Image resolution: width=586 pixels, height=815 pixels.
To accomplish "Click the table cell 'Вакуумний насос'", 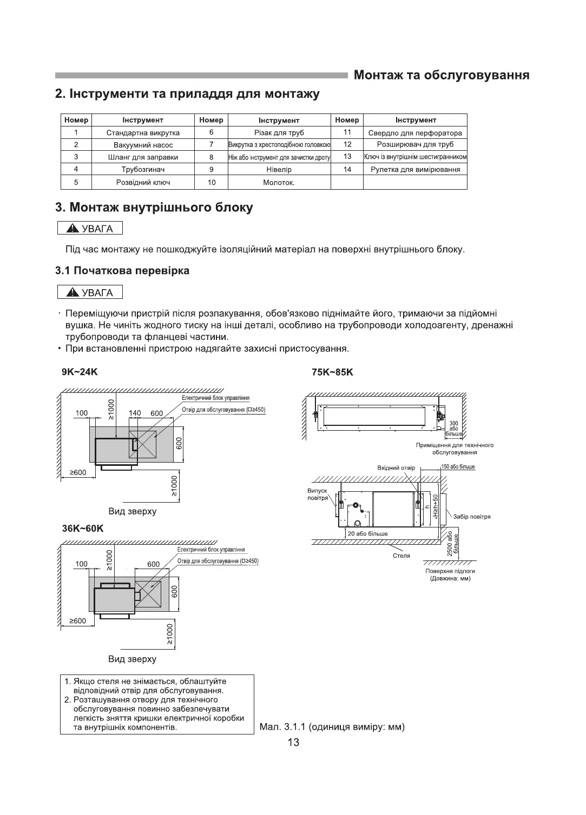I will pyautogui.click(x=143, y=145).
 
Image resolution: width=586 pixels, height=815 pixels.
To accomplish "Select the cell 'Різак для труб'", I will pyautogui.click(x=279, y=132).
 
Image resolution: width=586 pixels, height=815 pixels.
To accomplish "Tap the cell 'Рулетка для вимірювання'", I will pyautogui.click(x=415, y=170).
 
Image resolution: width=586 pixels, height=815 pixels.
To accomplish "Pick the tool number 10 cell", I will pyautogui.click(x=212, y=183).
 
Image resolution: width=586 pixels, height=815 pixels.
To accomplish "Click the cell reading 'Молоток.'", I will pyautogui.click(x=279, y=183).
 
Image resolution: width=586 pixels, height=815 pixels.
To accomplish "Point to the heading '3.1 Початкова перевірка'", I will pyautogui.click(x=122, y=271).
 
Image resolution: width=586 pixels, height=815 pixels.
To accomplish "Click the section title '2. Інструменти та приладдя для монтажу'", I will pyautogui.click(x=187, y=94).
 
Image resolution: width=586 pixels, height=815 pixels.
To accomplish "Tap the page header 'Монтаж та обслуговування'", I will pyautogui.click(x=441, y=75).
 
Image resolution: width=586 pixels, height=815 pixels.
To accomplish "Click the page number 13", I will pyautogui.click(x=293, y=743).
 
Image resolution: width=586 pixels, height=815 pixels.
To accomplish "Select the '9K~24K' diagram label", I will pyautogui.click(x=80, y=372).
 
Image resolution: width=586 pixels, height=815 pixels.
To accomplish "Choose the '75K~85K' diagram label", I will pyautogui.click(x=332, y=372).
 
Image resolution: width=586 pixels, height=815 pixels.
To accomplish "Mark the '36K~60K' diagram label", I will pyautogui.click(x=82, y=529).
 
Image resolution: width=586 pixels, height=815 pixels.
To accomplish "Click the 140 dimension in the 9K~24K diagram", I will pyautogui.click(x=135, y=413).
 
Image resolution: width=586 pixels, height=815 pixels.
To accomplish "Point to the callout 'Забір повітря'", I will pyautogui.click(x=472, y=517).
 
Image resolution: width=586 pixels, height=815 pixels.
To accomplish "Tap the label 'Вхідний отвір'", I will pyautogui.click(x=396, y=468).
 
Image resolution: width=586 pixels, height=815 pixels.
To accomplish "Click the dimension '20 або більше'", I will pyautogui.click(x=367, y=534).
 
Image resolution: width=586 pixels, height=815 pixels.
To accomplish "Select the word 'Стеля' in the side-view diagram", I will pyautogui.click(x=401, y=556).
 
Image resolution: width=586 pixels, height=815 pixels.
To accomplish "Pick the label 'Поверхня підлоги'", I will pyautogui.click(x=450, y=571).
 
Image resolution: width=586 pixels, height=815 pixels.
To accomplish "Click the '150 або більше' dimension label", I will pyautogui.click(x=458, y=467).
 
